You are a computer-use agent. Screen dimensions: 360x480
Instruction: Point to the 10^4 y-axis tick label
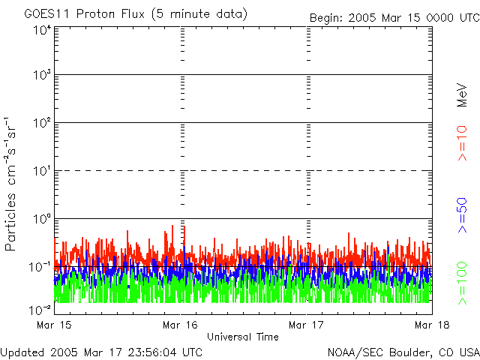pyautogui.click(x=42, y=28)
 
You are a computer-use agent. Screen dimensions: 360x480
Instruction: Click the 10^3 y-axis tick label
pyautogui.click(x=42, y=76)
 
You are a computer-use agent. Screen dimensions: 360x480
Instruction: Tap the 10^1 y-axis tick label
pyautogui.click(x=42, y=171)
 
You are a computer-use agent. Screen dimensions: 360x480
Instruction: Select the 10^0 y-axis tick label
pyautogui.click(x=42, y=219)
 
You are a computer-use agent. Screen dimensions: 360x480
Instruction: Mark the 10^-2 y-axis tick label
pyautogui.click(x=40, y=309)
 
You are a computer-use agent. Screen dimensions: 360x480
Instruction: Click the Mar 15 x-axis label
pyautogui.click(x=51, y=325)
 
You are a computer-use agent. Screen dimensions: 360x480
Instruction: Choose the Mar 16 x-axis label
pyautogui.click(x=181, y=325)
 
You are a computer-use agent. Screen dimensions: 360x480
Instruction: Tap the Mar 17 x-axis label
pyautogui.click(x=306, y=325)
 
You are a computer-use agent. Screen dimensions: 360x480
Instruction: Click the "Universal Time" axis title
pyautogui.click(x=242, y=337)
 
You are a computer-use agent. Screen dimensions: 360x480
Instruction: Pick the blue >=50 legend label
pyautogui.click(x=462, y=215)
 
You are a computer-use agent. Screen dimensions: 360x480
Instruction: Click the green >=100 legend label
pyautogui.click(x=462, y=282)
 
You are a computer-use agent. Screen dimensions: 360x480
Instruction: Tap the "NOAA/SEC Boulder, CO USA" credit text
pyautogui.click(x=403, y=352)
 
